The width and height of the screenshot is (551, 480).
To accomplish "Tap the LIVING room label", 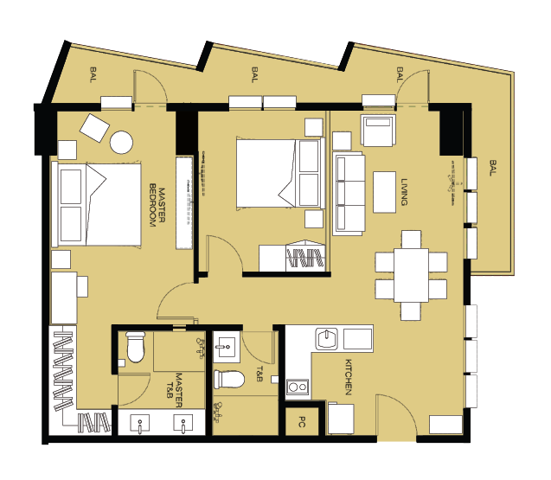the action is point(405,192).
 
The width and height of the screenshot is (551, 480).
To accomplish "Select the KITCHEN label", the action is point(349,377).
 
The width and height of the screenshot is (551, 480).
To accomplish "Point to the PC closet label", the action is point(302,422).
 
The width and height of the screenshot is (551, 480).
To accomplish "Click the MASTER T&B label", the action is point(175,390).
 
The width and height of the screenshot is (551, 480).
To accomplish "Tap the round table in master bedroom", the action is point(121,143).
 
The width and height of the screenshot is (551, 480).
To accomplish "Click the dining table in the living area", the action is point(411,275).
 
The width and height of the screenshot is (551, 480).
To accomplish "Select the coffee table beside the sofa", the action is point(384,192).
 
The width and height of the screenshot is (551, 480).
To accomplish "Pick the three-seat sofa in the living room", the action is point(349,194).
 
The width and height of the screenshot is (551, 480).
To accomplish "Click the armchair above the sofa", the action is point(378,130).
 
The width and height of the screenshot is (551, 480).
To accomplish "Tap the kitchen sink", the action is point(327,339).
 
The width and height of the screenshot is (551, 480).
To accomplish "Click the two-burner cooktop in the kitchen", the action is point(298,387).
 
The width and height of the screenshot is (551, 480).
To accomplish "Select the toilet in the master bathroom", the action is point(135,347).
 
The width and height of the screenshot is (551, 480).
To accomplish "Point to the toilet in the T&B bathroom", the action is point(229,379).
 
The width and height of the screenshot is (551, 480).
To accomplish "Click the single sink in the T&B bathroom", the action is point(227,347).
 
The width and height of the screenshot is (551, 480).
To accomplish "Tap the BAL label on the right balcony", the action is point(493,168).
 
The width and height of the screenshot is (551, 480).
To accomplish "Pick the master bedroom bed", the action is point(96,205).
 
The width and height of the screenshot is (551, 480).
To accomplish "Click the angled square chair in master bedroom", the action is point(94,128).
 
